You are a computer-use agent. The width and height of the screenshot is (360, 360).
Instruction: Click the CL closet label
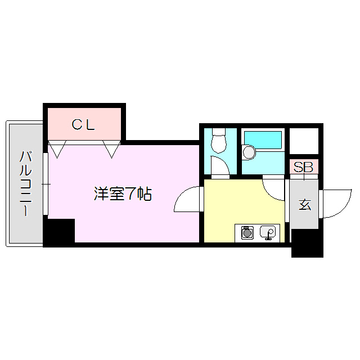84,125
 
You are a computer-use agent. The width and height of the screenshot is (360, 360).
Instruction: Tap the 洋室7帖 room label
122,195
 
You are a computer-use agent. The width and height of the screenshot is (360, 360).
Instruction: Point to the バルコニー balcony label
25,183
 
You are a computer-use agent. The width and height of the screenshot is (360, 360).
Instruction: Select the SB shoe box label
304,167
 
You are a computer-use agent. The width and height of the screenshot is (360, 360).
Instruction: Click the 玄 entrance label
304,204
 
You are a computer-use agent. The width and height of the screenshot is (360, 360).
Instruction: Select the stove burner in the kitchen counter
246,232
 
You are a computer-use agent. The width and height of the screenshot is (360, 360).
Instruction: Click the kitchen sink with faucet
267,232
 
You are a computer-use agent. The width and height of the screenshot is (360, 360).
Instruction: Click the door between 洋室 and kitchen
188,200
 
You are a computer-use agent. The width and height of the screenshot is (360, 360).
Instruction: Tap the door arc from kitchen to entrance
274,189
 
